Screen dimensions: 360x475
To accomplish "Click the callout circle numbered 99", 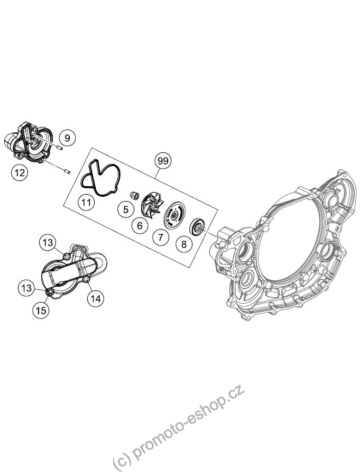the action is [163, 161].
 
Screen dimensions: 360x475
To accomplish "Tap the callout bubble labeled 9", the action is [67, 138].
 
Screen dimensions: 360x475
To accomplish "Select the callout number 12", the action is [20, 172].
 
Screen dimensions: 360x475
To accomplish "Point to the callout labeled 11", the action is [86, 202].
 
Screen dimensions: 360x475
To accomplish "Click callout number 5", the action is [126, 209].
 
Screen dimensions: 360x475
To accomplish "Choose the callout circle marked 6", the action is [140, 225].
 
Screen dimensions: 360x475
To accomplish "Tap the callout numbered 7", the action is [161, 237].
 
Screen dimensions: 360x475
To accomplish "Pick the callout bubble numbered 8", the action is [184, 244].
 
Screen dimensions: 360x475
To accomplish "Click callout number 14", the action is [95, 299].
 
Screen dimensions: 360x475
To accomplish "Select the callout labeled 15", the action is [41, 310].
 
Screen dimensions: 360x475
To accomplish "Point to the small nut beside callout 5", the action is [133, 196].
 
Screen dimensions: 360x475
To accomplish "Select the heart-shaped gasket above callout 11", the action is [101, 178].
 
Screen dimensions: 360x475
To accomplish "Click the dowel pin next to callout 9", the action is [59, 148].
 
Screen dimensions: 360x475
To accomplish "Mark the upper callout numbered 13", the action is [48, 242].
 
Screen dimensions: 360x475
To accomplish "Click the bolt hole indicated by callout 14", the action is [87, 279].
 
